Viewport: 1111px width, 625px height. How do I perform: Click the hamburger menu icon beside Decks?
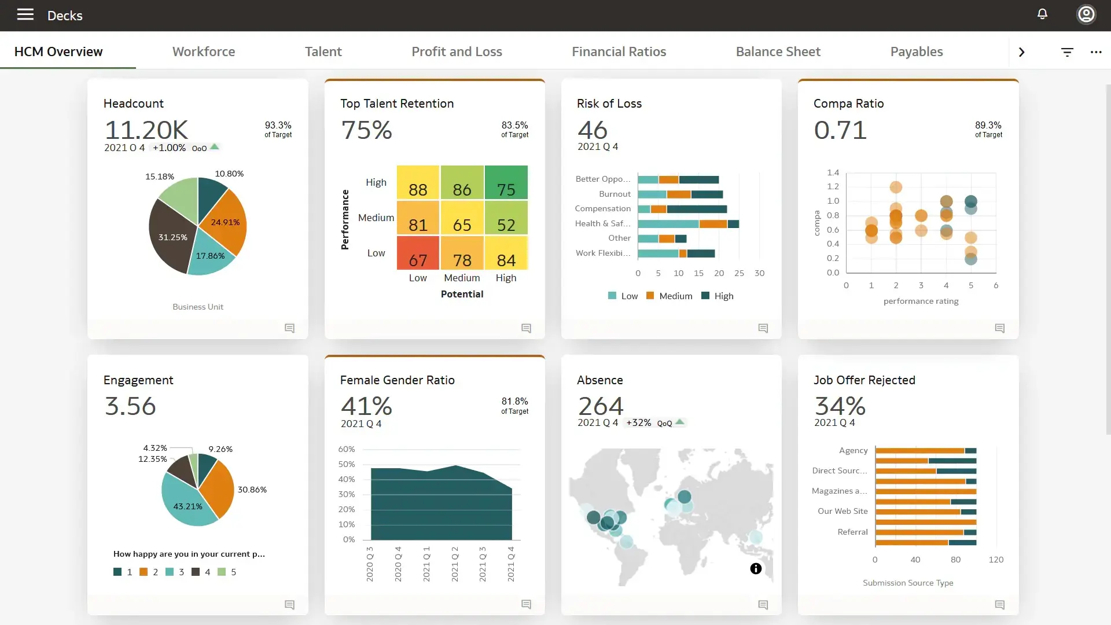pyautogui.click(x=25, y=14)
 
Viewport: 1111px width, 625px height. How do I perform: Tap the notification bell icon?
pyautogui.click(x=1042, y=14)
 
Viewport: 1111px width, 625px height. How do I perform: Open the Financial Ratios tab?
pyautogui.click(x=619, y=52)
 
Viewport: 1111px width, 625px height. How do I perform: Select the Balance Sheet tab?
pyautogui.click(x=778, y=52)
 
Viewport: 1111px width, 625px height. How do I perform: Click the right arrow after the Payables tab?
pyautogui.click(x=1021, y=52)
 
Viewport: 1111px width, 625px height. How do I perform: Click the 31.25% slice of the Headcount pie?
pyautogui.click(x=172, y=237)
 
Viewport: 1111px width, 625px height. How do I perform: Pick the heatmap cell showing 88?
pyautogui.click(x=418, y=183)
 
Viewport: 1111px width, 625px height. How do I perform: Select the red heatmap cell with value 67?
pyautogui.click(x=418, y=253)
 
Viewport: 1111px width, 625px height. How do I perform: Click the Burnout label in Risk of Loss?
pyautogui.click(x=615, y=194)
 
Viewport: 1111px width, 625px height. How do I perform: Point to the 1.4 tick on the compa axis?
pyautogui.click(x=833, y=172)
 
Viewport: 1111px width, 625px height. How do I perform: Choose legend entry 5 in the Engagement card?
pyautogui.click(x=227, y=572)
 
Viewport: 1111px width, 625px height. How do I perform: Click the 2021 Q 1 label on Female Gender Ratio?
pyautogui.click(x=426, y=564)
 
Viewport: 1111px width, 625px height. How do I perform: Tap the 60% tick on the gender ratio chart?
pyautogui.click(x=346, y=449)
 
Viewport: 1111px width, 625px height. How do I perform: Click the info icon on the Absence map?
pyautogui.click(x=756, y=568)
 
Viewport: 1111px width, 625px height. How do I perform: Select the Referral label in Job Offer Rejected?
pyautogui.click(x=852, y=532)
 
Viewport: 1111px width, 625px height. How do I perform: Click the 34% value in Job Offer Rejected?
pyautogui.click(x=840, y=406)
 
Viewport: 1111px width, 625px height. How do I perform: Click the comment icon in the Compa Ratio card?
pyautogui.click(x=999, y=328)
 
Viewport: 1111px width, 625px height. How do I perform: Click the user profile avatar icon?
pyautogui.click(x=1086, y=14)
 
